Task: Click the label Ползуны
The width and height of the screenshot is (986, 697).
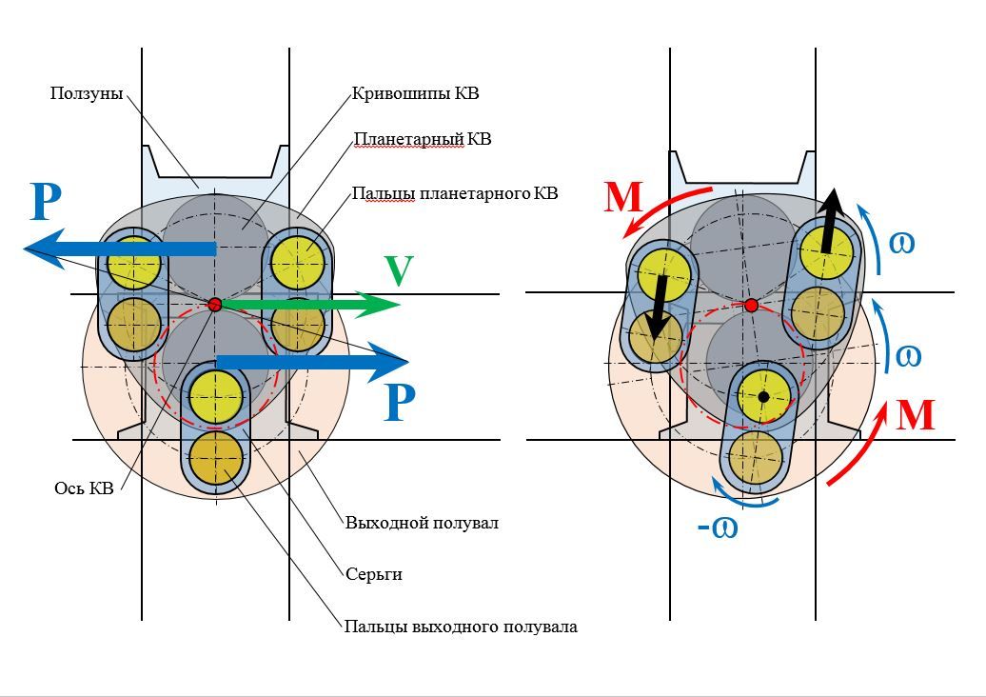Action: pyautogui.click(x=87, y=93)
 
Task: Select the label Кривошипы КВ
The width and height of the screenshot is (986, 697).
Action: pyautogui.click(x=415, y=93)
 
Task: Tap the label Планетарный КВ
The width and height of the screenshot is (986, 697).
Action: pyautogui.click(x=423, y=138)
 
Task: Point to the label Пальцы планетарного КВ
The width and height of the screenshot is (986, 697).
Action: pyautogui.click(x=455, y=193)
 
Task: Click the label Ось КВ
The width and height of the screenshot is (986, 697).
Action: pyautogui.click(x=84, y=488)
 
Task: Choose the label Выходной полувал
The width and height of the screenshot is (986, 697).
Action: pyautogui.click(x=422, y=523)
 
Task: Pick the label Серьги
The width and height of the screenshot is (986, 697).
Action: pyautogui.click(x=374, y=574)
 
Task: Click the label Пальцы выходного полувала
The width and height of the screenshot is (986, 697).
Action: pyautogui.click(x=461, y=627)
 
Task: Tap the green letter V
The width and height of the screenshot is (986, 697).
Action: pyautogui.click(x=400, y=270)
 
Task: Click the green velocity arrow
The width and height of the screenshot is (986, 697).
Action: pyautogui.click(x=311, y=305)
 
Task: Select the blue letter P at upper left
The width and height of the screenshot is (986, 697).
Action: pyautogui.click(x=46, y=202)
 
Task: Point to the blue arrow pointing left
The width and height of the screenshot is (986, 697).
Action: pyautogui.click(x=120, y=249)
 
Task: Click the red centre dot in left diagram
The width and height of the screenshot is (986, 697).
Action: pyautogui.click(x=215, y=305)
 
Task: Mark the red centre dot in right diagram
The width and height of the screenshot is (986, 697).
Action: pyautogui.click(x=752, y=306)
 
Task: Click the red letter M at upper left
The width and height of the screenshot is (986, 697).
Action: pyautogui.click(x=623, y=197)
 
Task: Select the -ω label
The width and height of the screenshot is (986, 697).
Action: pyautogui.click(x=718, y=528)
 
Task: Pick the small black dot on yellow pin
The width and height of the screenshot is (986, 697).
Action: pyautogui.click(x=763, y=397)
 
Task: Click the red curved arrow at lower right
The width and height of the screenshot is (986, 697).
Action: pyautogui.click(x=862, y=448)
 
